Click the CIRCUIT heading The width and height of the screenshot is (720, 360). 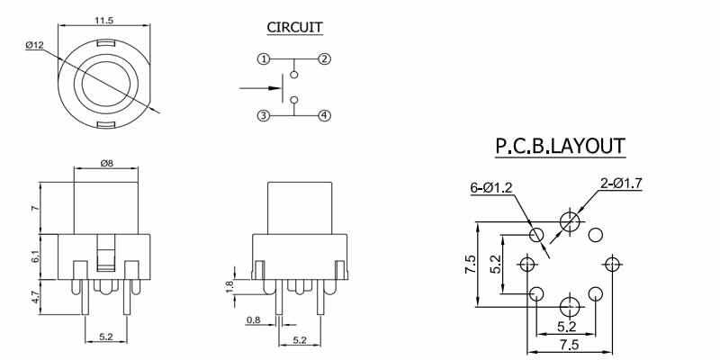(294, 27)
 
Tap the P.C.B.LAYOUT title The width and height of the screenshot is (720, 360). (560, 146)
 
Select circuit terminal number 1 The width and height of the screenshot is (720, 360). (263, 59)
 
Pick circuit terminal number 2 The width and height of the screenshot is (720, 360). (324, 59)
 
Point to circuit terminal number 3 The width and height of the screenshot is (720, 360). (263, 115)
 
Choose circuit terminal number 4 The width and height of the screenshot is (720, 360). (324, 115)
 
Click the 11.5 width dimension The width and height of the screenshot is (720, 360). (104, 18)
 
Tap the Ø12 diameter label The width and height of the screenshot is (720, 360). (35, 44)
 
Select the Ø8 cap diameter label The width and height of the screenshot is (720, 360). (105, 164)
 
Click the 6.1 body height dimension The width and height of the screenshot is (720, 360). (35, 256)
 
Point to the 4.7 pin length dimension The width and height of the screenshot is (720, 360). (35, 297)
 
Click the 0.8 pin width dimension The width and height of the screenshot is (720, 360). (253, 319)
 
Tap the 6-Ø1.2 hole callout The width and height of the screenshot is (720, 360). (490, 187)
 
